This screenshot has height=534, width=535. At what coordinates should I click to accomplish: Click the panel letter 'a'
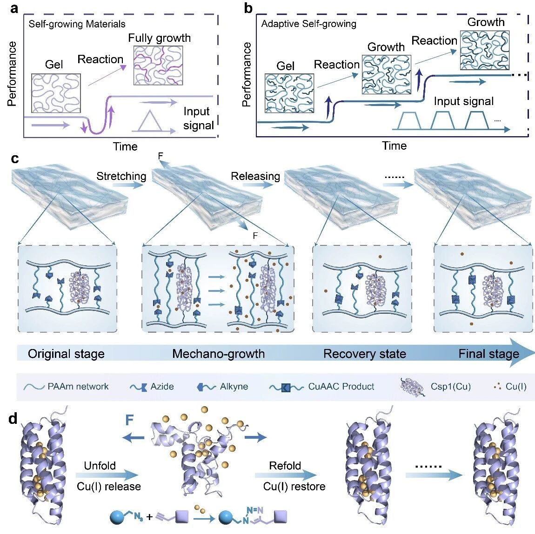pos(14,8)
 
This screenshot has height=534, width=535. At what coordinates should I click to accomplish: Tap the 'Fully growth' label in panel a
pos(160,38)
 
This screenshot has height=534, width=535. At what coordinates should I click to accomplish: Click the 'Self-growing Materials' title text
pos(77,24)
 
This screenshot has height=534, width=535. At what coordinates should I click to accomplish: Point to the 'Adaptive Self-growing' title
pos(309,24)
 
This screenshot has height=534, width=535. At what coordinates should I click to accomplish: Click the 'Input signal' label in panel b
pos(464,101)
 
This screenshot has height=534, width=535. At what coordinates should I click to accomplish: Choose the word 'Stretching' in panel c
pos(121,176)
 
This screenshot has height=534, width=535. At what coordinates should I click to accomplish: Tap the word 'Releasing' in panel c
pos(255,176)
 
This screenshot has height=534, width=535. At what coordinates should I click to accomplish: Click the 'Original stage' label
pos(66,354)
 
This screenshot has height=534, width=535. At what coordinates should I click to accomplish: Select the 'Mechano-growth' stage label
pos(218,354)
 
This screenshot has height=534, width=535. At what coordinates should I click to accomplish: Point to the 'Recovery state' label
pos(364,354)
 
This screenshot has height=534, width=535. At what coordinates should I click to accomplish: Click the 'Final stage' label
pos(488,354)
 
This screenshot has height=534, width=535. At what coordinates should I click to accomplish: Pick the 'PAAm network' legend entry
pos(66,387)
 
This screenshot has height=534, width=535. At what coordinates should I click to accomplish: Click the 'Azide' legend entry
pos(152,387)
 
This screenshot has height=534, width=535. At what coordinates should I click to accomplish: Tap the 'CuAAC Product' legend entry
pos(321,387)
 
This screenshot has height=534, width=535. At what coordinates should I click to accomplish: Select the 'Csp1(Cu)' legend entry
pos(436,387)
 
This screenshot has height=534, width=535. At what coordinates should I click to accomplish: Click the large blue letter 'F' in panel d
pos(129,420)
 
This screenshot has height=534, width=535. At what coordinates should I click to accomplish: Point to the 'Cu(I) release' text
pos(109,486)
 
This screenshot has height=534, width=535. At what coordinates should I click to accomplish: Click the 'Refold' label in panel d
pos(285,466)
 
